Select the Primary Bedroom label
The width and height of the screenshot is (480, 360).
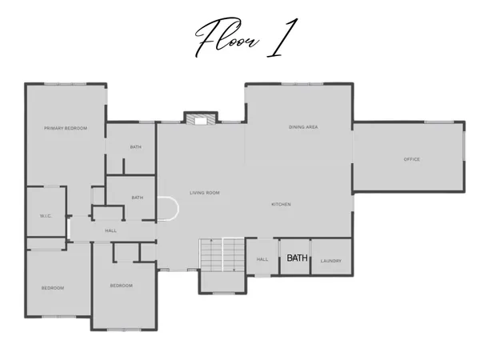66,128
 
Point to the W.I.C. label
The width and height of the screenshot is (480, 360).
46,216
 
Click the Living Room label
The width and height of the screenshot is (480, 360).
204,193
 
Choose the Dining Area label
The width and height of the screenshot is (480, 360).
304,127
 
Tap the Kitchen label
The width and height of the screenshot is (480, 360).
281,205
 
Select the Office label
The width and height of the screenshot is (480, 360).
411,159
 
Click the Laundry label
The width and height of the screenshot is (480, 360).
331,261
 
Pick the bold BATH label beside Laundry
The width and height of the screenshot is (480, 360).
297,258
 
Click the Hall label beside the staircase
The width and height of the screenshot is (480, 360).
262,259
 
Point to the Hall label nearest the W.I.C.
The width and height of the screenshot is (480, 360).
111,231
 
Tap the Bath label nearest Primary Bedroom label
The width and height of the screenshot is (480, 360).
136,147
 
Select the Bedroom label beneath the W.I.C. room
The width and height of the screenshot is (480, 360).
53,288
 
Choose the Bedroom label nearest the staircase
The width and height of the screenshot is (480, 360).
121,286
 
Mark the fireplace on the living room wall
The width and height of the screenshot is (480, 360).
197,119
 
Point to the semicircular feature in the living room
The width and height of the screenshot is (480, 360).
168,210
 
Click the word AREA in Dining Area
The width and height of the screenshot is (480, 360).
314,127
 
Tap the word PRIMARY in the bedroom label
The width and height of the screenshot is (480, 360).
55,128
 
